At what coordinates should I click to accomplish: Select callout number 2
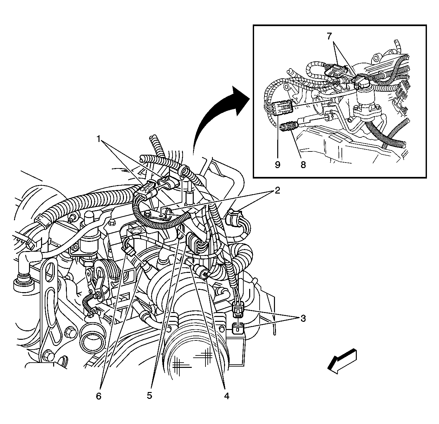pos(277,190)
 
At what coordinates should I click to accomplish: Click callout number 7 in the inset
pos(330,36)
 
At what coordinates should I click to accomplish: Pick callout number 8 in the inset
pos(303,165)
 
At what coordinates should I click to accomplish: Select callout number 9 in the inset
pos(278,165)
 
